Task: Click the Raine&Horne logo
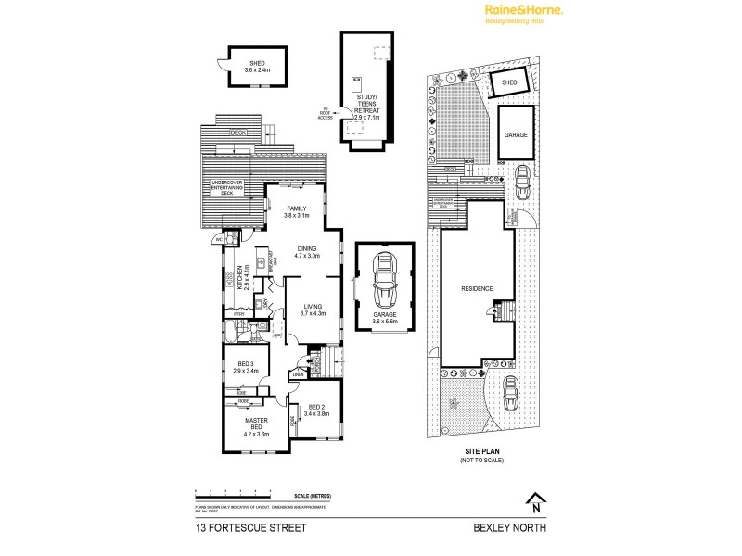click(x=523, y=11)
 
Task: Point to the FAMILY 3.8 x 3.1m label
click(x=296, y=212)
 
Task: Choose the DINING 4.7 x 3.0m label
click(x=307, y=252)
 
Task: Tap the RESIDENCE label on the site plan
click(x=477, y=288)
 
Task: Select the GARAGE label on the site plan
click(x=516, y=134)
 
